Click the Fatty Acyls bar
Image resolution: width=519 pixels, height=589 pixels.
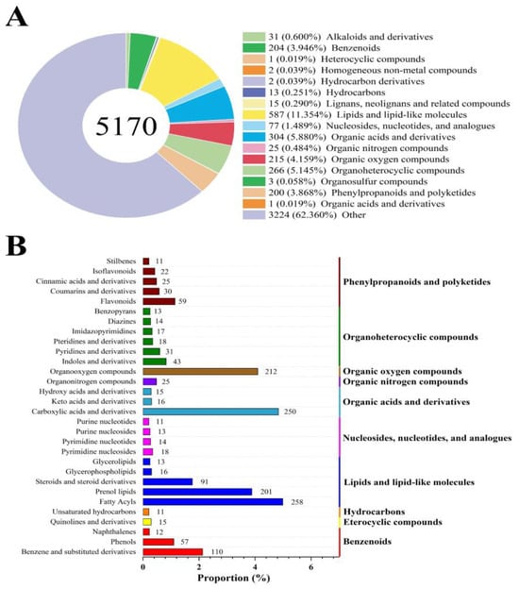point(212,502)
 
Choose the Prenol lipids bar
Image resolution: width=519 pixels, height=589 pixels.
point(197,491)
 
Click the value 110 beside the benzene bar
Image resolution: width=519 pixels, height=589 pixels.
point(216,551)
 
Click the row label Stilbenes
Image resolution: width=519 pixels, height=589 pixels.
point(121,260)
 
